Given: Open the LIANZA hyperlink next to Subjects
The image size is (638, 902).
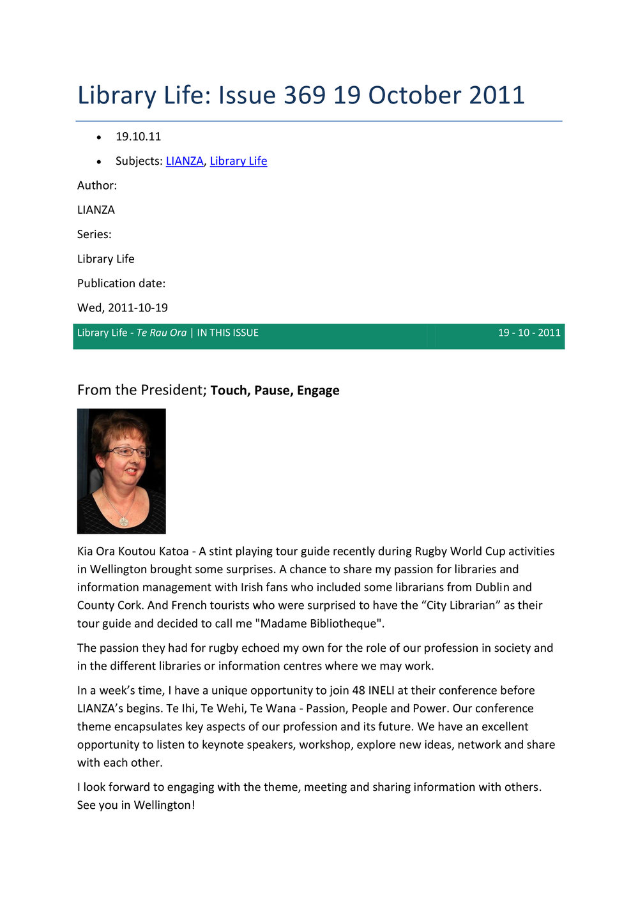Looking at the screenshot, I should [185, 161].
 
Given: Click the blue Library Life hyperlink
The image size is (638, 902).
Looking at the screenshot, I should [238, 161].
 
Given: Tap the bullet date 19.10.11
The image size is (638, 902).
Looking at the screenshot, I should [138, 137].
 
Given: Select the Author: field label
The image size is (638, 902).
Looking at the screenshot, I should [97, 185].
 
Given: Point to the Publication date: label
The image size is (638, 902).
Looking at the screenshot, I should [121, 283].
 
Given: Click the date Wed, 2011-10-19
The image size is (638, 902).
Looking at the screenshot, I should [123, 308].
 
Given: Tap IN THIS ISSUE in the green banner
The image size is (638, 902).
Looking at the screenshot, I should [228, 333].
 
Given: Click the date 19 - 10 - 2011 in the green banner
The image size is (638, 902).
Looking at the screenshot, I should [529, 333].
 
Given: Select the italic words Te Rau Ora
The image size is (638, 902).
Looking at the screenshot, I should [162, 333].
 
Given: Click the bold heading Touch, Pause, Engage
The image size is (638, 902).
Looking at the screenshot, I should [275, 390].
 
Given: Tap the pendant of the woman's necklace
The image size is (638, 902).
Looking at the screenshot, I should [124, 522].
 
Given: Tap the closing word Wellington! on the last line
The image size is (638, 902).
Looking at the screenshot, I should [164, 805].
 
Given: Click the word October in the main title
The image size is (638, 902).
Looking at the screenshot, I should [414, 95].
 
